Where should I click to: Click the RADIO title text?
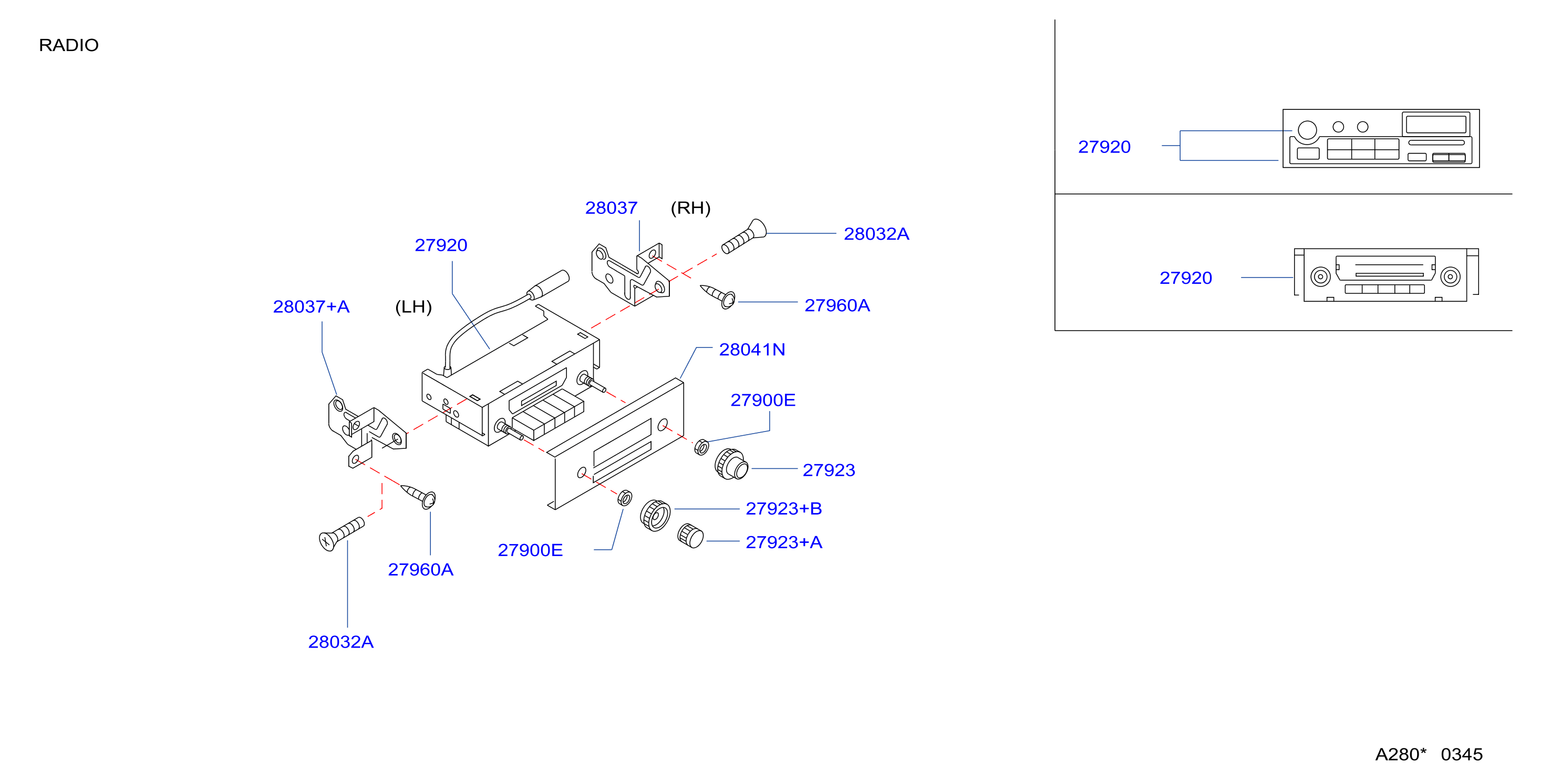coord(69,45)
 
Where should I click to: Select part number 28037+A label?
coord(311,306)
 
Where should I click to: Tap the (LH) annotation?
coord(413,306)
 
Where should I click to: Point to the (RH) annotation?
coord(690,208)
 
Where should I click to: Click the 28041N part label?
coord(752,350)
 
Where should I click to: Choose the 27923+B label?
coord(784,508)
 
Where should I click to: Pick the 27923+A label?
coord(784,542)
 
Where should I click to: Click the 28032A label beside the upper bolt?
coord(876,234)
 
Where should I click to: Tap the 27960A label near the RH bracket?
coord(837,305)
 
